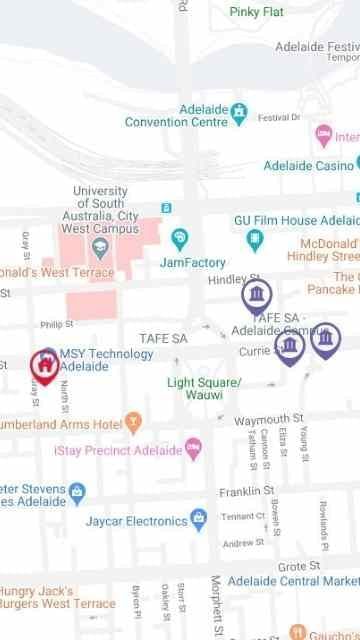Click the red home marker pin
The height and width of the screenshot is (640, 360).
click(44, 366)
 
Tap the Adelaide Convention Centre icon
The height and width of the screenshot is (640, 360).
click(240, 111)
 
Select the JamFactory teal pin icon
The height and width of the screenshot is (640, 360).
click(180, 238)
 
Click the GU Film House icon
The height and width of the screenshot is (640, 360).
click(255, 240)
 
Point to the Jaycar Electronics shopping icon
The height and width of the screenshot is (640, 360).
click(199, 519)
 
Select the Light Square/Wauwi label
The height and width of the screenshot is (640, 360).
click(204, 389)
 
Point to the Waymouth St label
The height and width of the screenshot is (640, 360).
click(269, 418)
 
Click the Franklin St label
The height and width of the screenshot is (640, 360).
click(247, 491)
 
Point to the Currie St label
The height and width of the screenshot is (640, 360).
click(255, 353)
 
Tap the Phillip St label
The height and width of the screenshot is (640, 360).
click(57, 324)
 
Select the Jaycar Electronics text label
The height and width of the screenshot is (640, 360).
click(137, 521)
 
